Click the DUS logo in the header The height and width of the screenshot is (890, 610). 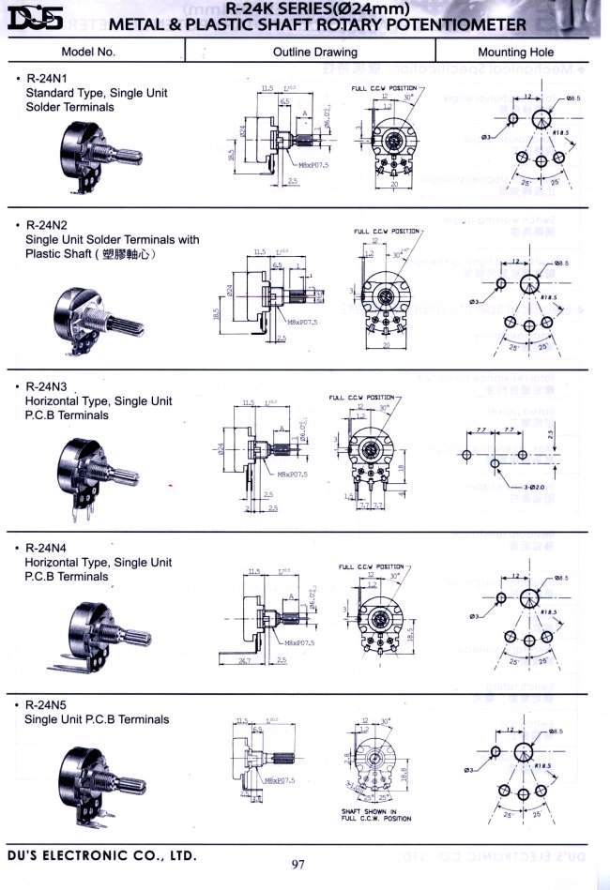coord(35,16)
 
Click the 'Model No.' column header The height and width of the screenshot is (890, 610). coord(88,52)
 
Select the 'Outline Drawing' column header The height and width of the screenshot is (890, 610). coord(315,53)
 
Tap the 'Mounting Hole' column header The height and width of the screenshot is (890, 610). coord(515,53)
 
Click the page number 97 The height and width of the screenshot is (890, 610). coord(299,864)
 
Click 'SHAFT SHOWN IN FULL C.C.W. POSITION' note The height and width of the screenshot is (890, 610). coord(375,815)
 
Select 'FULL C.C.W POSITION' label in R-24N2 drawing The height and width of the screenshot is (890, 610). coord(386,231)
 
